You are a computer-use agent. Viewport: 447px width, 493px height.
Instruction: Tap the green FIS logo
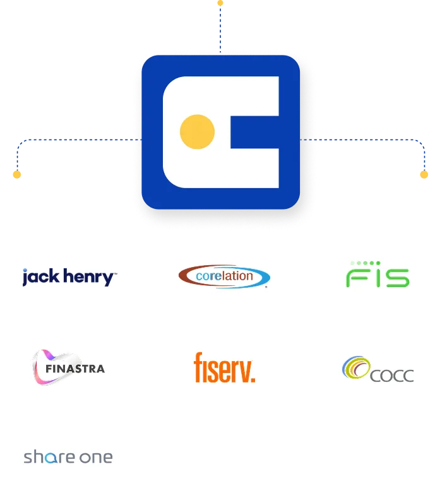pyautogui.click(x=378, y=275)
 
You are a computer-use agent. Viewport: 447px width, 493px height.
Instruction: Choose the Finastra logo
pyautogui.click(x=68, y=368)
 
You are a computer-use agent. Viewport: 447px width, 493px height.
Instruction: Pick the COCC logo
pyautogui.click(x=378, y=370)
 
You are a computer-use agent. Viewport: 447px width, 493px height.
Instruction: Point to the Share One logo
pyautogui.click(x=68, y=457)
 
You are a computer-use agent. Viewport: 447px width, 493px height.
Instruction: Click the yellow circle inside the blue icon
pyautogui.click(x=197, y=132)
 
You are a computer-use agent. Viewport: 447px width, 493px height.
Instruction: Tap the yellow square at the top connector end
pyautogui.click(x=220, y=3)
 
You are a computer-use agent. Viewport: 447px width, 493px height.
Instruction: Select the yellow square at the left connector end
pyautogui.click(x=17, y=174)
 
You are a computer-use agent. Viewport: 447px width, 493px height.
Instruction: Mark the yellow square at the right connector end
pyautogui.click(x=424, y=174)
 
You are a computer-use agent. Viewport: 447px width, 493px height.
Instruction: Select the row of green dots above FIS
pyautogui.click(x=366, y=263)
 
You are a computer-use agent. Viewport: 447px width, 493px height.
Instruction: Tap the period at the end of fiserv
pyautogui.click(x=253, y=379)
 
